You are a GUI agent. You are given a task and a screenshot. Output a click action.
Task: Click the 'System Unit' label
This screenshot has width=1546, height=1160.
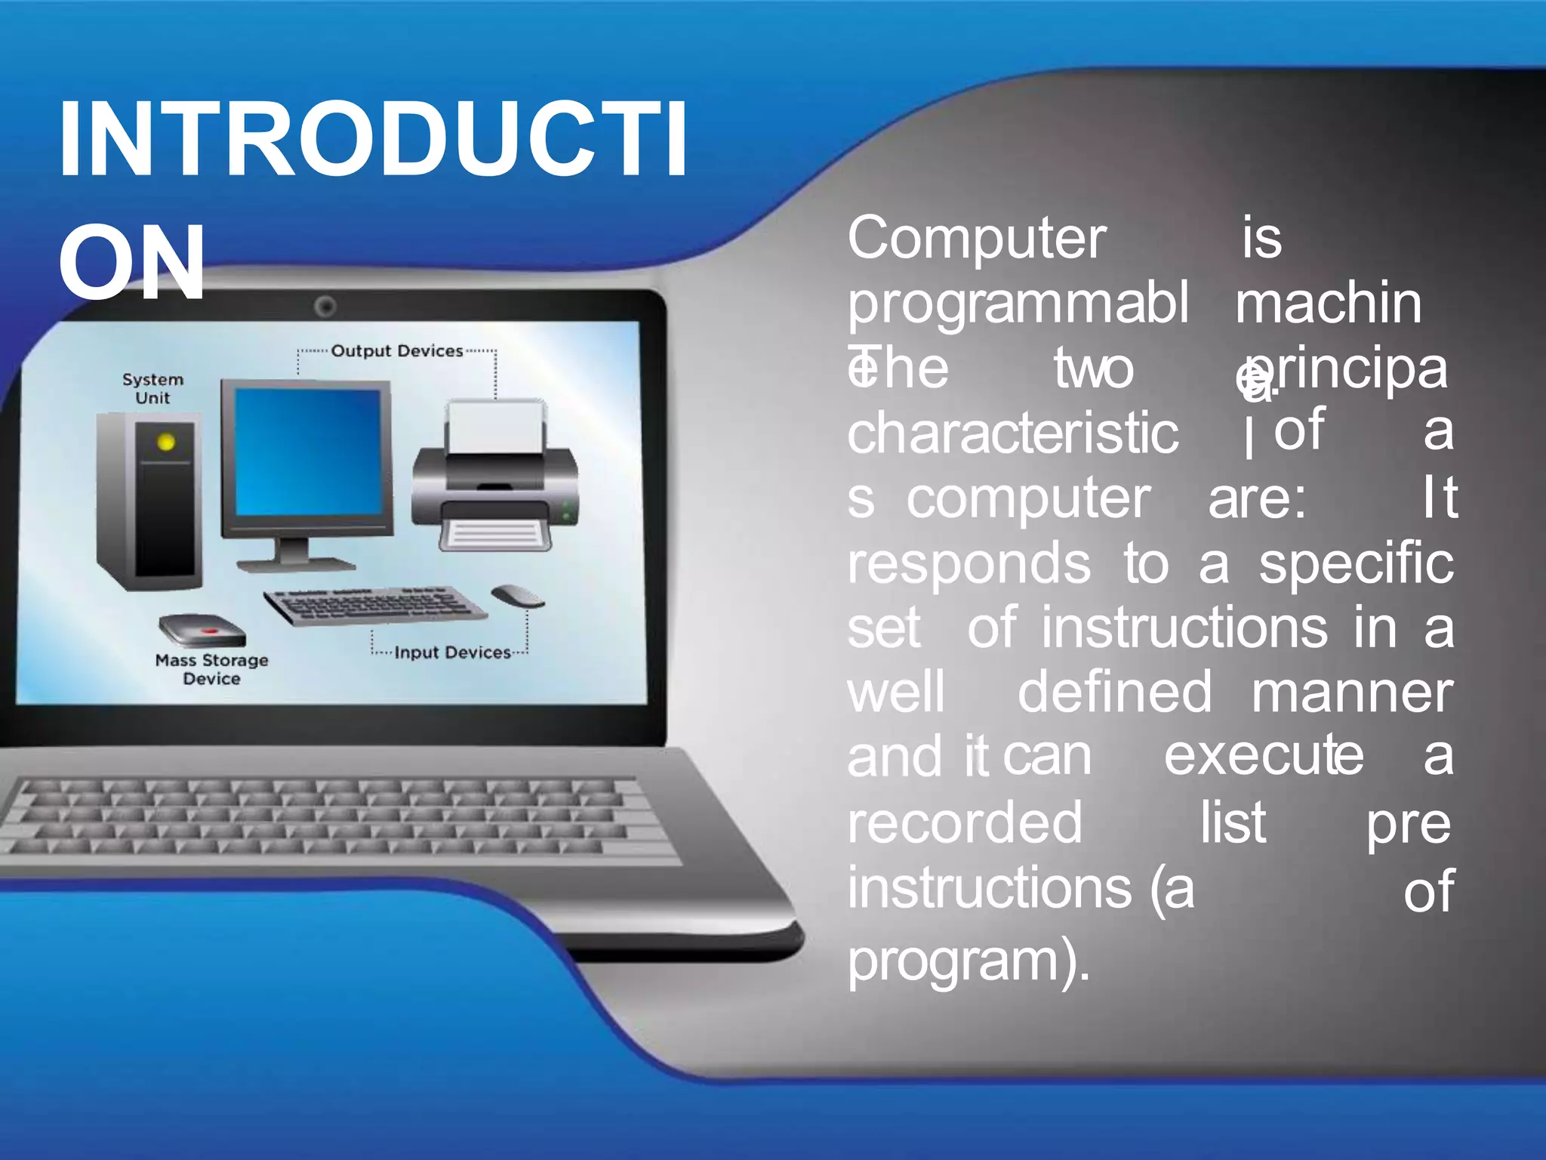152,388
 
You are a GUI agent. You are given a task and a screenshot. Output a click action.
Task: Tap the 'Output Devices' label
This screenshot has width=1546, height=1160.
396,351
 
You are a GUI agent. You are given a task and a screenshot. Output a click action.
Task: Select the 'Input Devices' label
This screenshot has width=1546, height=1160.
452,652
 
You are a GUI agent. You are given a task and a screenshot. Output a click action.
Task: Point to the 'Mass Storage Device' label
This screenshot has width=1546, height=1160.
211,669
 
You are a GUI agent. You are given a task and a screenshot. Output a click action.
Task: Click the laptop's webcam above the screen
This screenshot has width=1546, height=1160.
325,307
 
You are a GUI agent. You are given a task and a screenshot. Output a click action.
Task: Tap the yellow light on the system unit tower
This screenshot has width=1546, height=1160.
166,443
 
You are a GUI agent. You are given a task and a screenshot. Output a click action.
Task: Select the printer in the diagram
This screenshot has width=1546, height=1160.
495,476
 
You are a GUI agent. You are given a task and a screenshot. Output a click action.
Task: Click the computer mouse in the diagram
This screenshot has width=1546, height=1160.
518,596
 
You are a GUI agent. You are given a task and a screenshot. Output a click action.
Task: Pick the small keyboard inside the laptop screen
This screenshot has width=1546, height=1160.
375,605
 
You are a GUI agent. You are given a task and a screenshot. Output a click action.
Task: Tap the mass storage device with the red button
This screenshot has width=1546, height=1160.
202,630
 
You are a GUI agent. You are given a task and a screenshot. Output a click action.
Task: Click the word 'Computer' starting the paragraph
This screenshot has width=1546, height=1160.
977,239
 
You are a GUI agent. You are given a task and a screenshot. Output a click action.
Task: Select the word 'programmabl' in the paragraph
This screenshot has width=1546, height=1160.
1018,304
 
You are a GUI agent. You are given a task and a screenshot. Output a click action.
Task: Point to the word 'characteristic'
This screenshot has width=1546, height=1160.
1012,433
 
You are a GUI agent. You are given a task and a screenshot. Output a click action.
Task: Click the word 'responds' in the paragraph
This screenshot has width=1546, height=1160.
969,564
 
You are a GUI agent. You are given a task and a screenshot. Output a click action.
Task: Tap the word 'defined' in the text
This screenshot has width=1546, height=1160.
1114,692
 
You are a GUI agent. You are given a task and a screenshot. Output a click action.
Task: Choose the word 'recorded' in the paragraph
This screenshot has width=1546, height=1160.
965,822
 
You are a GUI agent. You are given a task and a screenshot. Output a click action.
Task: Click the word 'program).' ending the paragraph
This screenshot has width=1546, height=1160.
969,962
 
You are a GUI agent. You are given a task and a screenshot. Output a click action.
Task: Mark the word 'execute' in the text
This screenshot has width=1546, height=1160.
1264,755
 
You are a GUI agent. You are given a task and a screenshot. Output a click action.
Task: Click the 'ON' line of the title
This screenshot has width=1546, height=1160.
131,262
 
